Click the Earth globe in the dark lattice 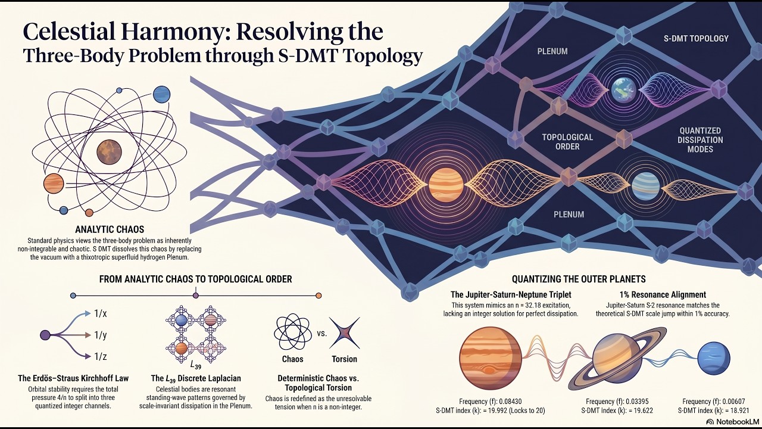point(623,90)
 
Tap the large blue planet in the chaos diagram point(161,95)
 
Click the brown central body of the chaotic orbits point(109,152)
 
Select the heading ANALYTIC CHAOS point(110,229)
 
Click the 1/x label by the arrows point(101,313)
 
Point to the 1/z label point(101,356)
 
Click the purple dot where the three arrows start point(45,335)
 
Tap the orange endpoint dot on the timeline point(318,296)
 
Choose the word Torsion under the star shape point(345,359)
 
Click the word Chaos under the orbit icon point(292,359)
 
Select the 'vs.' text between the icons point(322,333)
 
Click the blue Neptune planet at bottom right point(714,359)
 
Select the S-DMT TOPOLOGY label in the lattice point(696,39)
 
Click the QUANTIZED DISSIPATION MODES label point(700,140)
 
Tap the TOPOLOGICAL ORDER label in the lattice point(567,142)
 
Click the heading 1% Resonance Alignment point(663,294)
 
